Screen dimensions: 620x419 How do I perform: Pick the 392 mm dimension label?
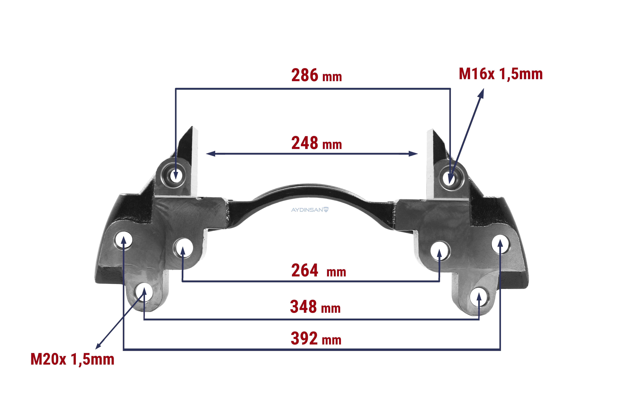point(316,338)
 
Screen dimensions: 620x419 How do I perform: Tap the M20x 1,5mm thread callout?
point(72,360)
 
